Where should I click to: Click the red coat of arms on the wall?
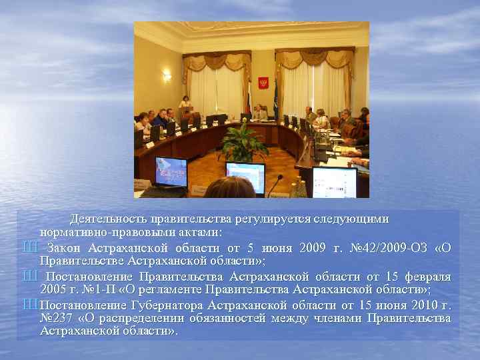tap(263, 83)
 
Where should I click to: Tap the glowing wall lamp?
tap(167, 76)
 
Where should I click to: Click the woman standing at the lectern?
tap(185, 103)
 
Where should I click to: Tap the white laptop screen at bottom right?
tap(334, 181)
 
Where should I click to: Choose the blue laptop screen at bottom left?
tap(171, 171)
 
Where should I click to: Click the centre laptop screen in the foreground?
tap(245, 176)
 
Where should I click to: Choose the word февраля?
tap(427, 277)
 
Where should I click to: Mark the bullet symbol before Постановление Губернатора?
tap(29, 305)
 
